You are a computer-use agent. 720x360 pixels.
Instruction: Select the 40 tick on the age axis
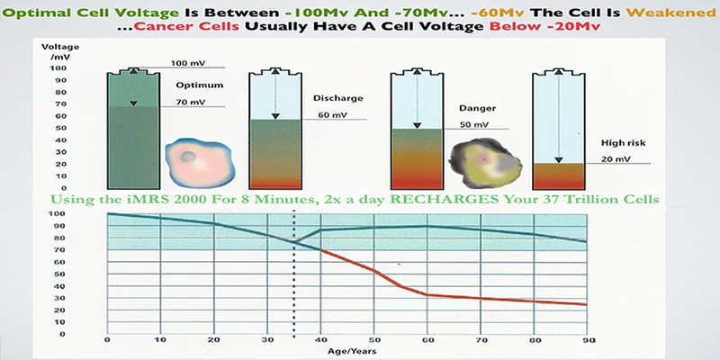click(x=321, y=340)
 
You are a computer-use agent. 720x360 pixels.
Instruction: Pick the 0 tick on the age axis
click(x=107, y=340)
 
